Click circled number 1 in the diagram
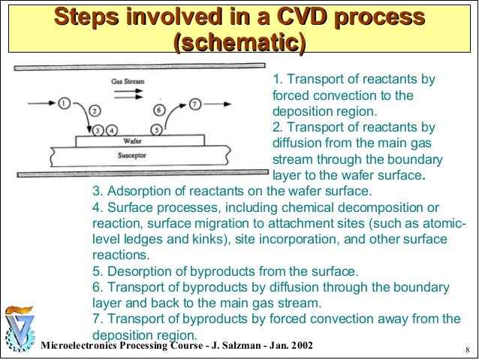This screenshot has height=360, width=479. point(65,101)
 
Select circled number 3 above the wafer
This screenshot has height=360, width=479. point(100,129)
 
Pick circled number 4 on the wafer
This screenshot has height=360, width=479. point(113,129)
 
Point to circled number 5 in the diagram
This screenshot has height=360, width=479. point(155,129)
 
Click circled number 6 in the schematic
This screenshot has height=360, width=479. point(158,110)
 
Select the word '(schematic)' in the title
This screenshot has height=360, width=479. point(239,44)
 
